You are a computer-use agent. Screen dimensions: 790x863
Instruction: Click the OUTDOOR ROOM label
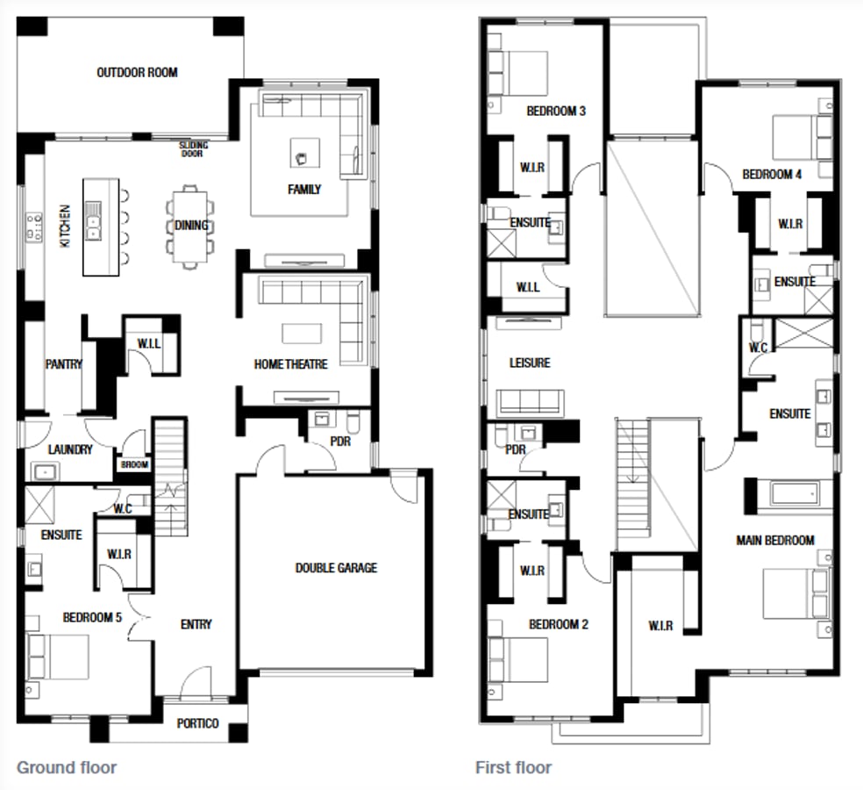137,73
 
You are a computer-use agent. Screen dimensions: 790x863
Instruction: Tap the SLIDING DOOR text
192,148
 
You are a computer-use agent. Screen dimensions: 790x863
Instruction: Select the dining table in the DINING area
191,226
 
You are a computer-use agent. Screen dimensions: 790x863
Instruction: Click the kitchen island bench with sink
100,226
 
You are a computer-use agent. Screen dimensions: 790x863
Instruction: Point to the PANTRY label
64,364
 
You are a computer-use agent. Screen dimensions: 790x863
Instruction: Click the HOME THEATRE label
290,364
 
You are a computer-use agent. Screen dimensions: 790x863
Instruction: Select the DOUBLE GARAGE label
336,568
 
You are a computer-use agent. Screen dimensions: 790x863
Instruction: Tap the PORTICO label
198,723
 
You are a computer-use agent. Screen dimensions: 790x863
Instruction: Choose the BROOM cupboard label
134,465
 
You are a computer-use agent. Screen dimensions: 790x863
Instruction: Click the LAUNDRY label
70,449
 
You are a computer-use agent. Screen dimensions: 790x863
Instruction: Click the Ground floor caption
67,767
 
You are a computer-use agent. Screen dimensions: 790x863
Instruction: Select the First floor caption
514,767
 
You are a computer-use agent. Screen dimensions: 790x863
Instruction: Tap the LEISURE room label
530,363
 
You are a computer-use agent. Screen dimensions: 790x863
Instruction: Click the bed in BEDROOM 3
518,69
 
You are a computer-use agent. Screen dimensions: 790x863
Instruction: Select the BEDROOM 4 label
772,174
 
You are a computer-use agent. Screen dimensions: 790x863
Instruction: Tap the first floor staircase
633,483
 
